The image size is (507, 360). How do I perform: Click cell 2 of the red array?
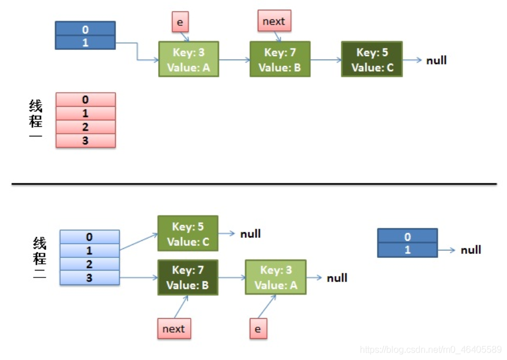pyautogui.click(x=86, y=127)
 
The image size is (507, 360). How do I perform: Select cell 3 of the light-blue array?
pyautogui.click(x=89, y=278)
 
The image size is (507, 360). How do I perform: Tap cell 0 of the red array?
pyautogui.click(x=86, y=100)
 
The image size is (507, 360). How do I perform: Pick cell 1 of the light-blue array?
pyautogui.click(x=89, y=251)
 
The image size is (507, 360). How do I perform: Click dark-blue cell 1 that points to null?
pyautogui.click(x=407, y=250)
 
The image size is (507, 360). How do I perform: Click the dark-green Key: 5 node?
pyautogui.click(x=372, y=59)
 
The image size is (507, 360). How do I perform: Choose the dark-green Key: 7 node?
pyautogui.click(x=188, y=277)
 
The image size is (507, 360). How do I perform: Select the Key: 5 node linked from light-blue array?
pyautogui.click(x=188, y=233)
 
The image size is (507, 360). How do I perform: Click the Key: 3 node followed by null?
pyautogui.click(x=276, y=277)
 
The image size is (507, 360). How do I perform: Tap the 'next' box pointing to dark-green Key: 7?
pyautogui.click(x=174, y=328)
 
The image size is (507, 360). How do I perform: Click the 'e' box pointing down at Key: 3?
pyautogui.click(x=180, y=22)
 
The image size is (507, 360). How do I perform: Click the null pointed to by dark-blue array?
pyautogui.click(x=471, y=250)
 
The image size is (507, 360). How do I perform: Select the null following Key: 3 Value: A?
pyautogui.click(x=337, y=278)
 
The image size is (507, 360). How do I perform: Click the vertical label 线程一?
pyautogui.click(x=36, y=119)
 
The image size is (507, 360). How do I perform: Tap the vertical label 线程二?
pyautogui.click(x=40, y=258)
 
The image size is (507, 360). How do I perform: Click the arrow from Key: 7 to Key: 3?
pyautogui.click(x=232, y=277)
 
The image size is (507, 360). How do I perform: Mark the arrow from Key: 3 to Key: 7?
pyautogui.click(x=234, y=60)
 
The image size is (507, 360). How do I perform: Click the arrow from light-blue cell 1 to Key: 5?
pyautogui.click(x=139, y=241)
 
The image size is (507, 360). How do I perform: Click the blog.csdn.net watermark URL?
pyautogui.click(x=431, y=349)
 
